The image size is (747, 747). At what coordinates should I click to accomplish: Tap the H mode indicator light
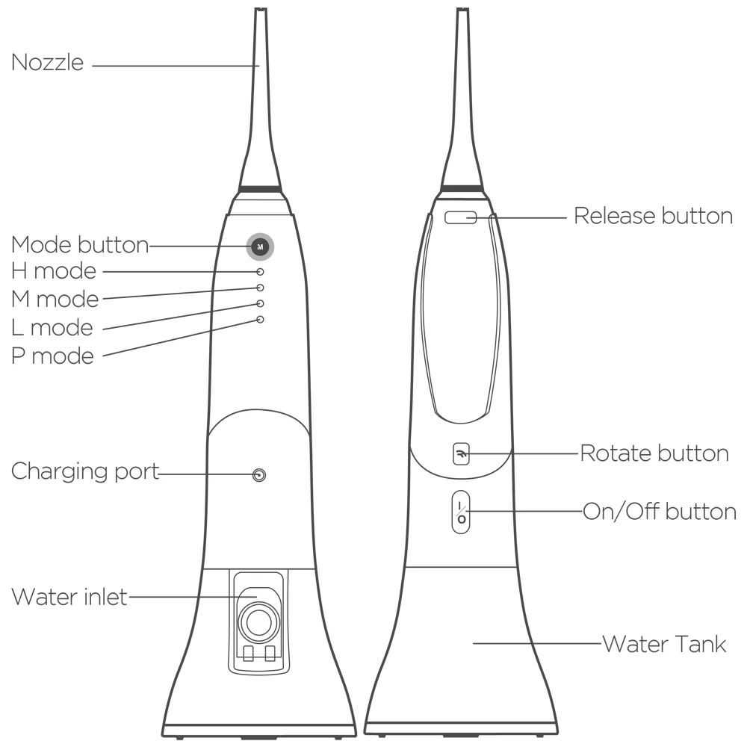[x=260, y=273]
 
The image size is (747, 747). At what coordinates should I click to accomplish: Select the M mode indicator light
[x=260, y=288]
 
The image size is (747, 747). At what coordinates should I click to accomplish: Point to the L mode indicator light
[x=260, y=303]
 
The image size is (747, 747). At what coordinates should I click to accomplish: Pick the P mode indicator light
[x=260, y=320]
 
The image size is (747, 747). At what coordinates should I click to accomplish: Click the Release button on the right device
[x=461, y=217]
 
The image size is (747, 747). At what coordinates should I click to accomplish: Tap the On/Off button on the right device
[x=461, y=512]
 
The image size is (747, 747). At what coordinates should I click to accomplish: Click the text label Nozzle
[x=47, y=63]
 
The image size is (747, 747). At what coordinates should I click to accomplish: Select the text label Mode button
[x=80, y=244]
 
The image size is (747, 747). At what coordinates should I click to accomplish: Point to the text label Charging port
[x=85, y=472]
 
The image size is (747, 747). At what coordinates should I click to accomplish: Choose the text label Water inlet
[x=69, y=597]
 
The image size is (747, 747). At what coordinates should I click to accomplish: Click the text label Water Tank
[x=663, y=643]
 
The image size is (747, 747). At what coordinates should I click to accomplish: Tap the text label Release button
[x=653, y=217]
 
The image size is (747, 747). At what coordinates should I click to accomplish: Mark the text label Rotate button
[x=654, y=453]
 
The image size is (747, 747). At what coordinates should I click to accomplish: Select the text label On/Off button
[x=660, y=512]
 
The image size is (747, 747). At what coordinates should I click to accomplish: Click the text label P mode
[x=53, y=356]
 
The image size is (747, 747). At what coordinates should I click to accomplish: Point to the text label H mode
[x=54, y=270]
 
